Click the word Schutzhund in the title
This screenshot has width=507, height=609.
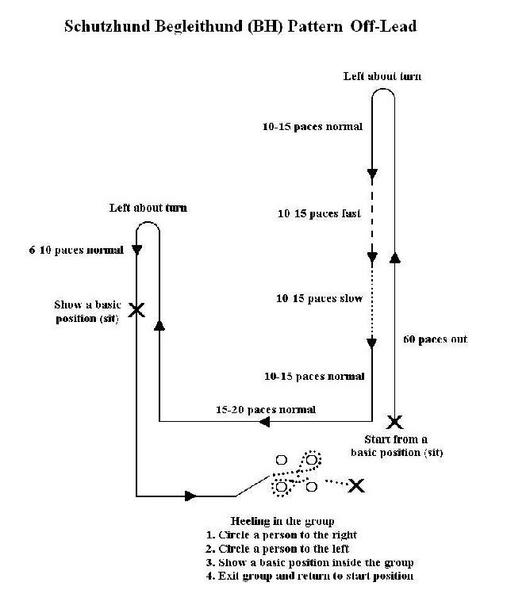coord(107,26)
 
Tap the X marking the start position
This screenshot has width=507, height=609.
coord(394,422)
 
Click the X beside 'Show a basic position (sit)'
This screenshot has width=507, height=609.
coord(136,310)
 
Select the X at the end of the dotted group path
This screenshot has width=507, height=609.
coord(356,485)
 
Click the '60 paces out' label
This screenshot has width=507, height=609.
coord(435,339)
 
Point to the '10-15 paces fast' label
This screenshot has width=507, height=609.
coord(319,213)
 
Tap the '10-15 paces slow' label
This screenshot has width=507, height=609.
coord(319,298)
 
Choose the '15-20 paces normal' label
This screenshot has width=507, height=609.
coord(266,409)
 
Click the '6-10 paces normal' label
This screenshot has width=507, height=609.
coord(76,250)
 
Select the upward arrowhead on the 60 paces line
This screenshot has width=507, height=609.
coord(394,258)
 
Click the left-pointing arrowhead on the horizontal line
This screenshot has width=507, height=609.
coord(264,421)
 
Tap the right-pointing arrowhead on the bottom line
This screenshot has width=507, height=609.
coord(190,496)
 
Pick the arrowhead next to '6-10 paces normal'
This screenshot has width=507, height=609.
coord(136,250)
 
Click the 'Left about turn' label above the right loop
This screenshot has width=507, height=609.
coord(382,76)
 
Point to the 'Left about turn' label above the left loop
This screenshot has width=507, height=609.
coord(148,208)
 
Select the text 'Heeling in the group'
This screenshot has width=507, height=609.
coord(282,521)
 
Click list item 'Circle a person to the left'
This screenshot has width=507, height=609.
coord(278,549)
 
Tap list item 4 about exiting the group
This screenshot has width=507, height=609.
coord(309,576)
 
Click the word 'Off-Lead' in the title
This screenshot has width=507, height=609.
coord(383,26)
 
